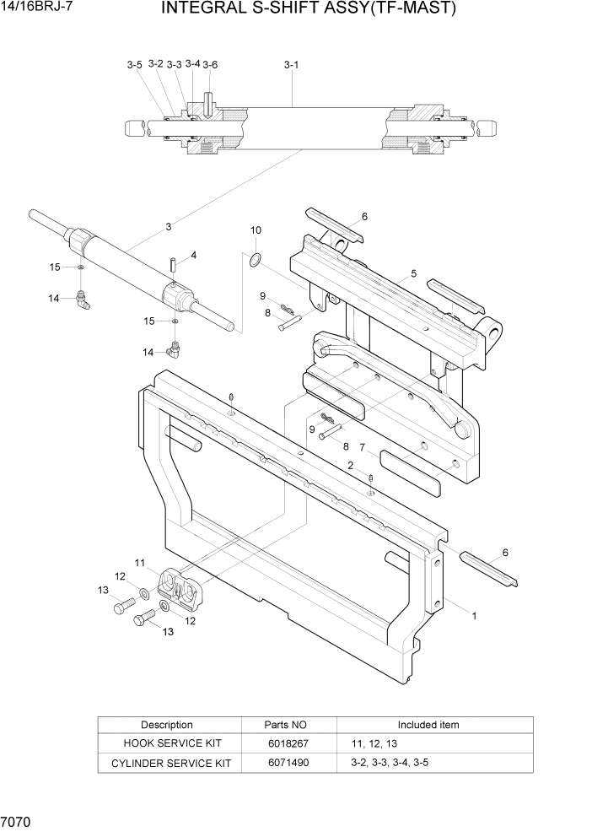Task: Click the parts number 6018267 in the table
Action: tap(288, 743)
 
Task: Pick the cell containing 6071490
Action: tap(288, 763)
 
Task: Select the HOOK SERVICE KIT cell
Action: tap(168, 743)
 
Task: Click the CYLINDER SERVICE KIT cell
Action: tap(168, 763)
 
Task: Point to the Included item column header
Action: tap(428, 725)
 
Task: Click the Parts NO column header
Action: tap(288, 725)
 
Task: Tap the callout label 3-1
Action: tap(292, 64)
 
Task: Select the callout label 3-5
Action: tap(135, 65)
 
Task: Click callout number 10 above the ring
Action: tap(256, 229)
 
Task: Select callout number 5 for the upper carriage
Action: tap(414, 273)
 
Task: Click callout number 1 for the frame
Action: tap(474, 616)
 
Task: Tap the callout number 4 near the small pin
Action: tap(193, 255)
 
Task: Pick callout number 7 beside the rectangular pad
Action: tap(362, 447)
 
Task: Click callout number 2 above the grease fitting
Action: tap(350, 465)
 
